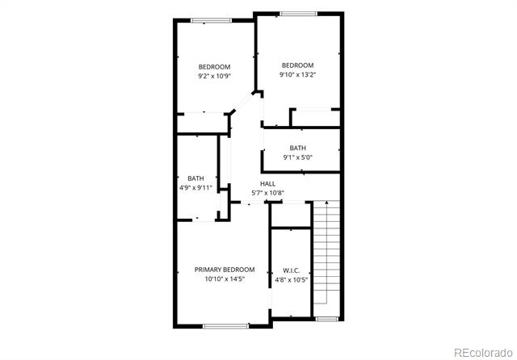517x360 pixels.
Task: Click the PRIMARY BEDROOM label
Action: (x=225, y=270)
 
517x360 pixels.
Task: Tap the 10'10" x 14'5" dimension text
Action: (x=225, y=279)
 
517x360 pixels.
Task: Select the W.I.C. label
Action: (x=291, y=270)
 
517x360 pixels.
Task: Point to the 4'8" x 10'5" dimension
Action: (x=291, y=280)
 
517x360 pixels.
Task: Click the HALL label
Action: (x=267, y=184)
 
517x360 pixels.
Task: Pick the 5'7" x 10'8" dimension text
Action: (x=267, y=193)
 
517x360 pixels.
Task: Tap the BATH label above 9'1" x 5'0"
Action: (x=298, y=149)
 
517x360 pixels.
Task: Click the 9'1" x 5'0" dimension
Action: (x=298, y=157)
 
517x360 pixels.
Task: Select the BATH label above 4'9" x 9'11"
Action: (x=195, y=178)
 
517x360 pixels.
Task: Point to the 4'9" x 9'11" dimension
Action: (x=195, y=188)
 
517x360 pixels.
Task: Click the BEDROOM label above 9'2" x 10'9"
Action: (x=214, y=67)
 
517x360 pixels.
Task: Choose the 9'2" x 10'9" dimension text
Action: (x=214, y=76)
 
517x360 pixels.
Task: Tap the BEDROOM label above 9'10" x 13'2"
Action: (x=298, y=65)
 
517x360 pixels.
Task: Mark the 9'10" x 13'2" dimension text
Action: (x=298, y=74)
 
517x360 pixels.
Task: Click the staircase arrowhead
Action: (x=326, y=203)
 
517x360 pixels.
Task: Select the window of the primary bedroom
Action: (x=226, y=326)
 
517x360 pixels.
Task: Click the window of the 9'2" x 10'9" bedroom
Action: (x=211, y=20)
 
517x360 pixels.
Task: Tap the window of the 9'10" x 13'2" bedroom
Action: (x=298, y=14)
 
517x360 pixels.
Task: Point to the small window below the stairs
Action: (x=326, y=319)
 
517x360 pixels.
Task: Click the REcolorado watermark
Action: (x=483, y=353)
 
